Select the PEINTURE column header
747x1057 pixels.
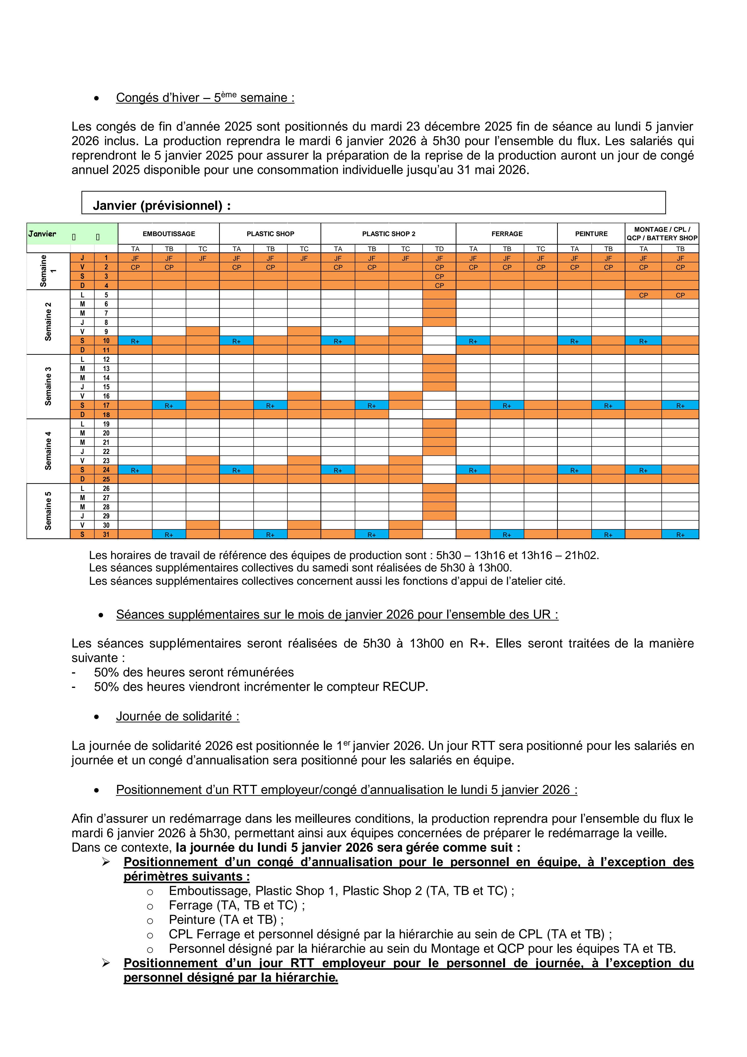tap(591, 234)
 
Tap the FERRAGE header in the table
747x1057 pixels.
tap(507, 234)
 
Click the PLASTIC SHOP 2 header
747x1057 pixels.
tap(389, 234)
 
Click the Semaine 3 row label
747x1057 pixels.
tap(48, 386)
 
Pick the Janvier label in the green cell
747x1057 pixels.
tap(42, 234)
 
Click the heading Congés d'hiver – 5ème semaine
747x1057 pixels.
tap(205, 98)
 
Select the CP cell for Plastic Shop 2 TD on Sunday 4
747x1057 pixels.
tap(439, 285)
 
